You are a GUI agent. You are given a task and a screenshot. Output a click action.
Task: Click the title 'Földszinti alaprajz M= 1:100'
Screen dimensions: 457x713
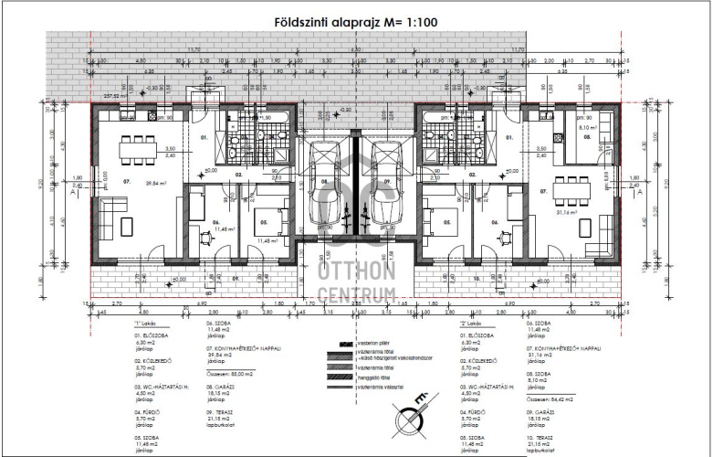coord(355,19)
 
